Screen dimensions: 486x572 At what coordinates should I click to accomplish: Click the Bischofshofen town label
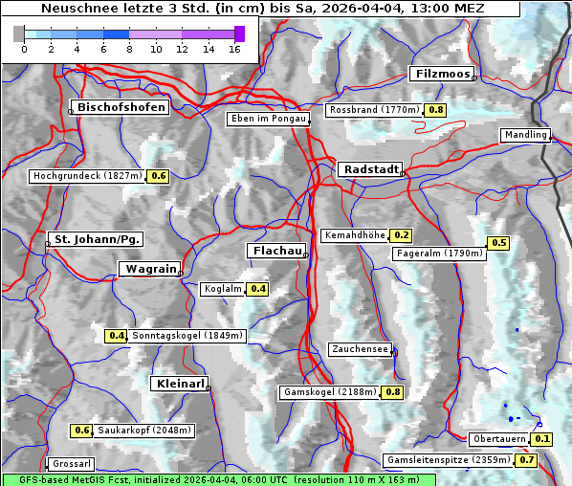122,108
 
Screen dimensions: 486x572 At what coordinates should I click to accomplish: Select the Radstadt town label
369,169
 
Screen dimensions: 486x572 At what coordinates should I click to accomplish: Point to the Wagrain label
149,270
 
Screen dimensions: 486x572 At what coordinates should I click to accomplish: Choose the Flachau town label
276,252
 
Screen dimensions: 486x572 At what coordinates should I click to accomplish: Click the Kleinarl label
180,384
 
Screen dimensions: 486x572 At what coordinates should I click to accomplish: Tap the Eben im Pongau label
268,119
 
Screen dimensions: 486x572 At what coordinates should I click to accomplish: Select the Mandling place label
525,136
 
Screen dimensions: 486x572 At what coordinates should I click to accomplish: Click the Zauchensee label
360,349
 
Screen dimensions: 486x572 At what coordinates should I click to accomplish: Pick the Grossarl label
71,464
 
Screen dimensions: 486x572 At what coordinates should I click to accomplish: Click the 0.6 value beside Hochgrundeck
158,176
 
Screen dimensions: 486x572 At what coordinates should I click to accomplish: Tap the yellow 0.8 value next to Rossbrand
435,110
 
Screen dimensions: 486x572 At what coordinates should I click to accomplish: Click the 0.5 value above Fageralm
498,243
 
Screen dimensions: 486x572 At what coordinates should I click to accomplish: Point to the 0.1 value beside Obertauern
542,439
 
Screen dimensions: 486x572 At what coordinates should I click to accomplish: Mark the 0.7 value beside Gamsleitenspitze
527,460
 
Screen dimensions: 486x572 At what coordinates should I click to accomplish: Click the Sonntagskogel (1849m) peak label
188,336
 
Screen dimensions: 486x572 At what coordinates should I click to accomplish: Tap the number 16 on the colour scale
234,49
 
